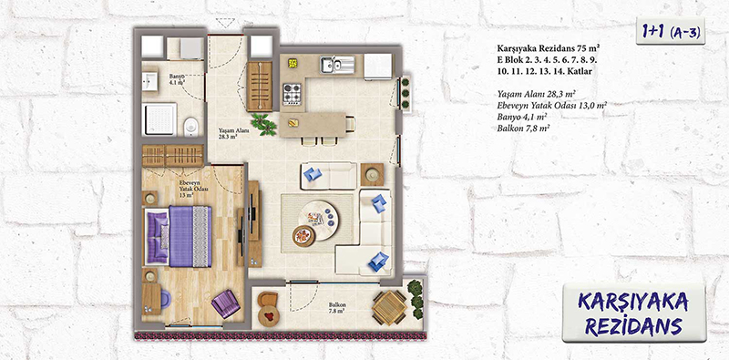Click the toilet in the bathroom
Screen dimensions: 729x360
coord(190,127)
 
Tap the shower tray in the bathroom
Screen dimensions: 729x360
coord(159,119)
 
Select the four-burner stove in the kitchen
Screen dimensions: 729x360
coord(293,93)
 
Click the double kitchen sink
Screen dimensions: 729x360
coord(337,64)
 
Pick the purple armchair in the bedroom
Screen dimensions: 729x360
coord(225,303)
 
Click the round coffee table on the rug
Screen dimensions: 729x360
coord(319,220)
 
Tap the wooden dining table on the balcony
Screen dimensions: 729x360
coord(389,307)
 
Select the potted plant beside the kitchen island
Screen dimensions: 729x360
coord(264,124)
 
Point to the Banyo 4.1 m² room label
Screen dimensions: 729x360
coord(177,78)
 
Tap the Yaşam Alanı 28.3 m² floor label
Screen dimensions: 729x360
coord(229,134)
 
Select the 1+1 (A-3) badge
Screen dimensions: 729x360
coord(671,31)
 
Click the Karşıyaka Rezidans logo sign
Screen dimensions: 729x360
coord(633,314)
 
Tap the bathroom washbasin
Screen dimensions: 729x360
coord(149,82)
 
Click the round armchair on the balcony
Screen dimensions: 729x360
coord(267,308)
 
